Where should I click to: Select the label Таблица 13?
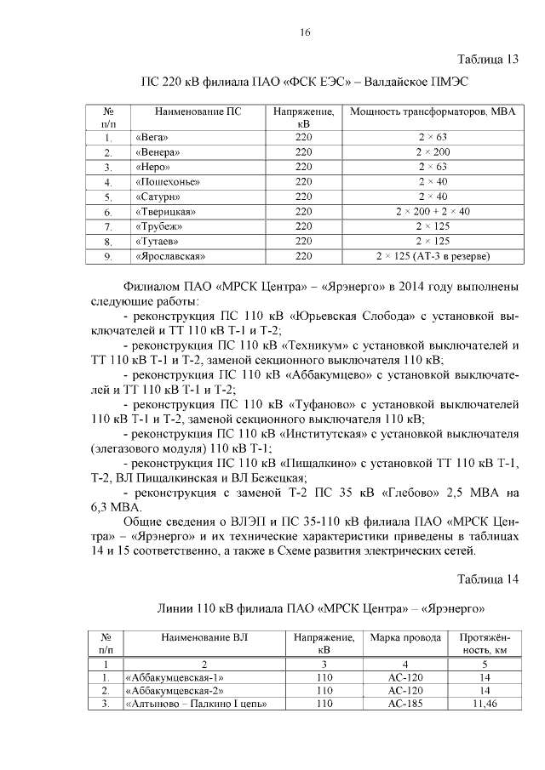pos(487,60)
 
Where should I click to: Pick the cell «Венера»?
pos(157,152)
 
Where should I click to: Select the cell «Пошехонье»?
pos(167,182)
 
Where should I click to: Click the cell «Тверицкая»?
pos(165,211)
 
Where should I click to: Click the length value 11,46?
pos(484,704)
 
